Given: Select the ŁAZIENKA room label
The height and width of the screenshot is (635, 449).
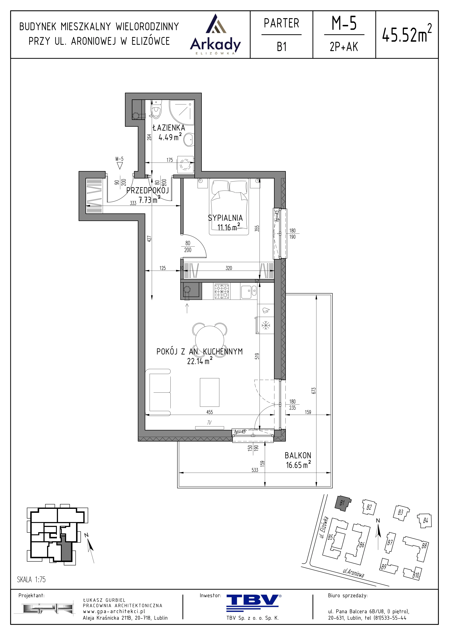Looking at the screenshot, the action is pyautogui.click(x=169, y=128).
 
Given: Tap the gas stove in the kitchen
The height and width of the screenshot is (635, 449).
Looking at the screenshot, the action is pyautogui.click(x=222, y=291).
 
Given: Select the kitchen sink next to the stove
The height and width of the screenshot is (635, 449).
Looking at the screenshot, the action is pyautogui.click(x=249, y=291).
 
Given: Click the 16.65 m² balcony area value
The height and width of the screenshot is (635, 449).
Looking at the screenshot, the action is pyautogui.click(x=298, y=465).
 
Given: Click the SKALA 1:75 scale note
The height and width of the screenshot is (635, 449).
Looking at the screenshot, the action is pyautogui.click(x=31, y=579).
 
